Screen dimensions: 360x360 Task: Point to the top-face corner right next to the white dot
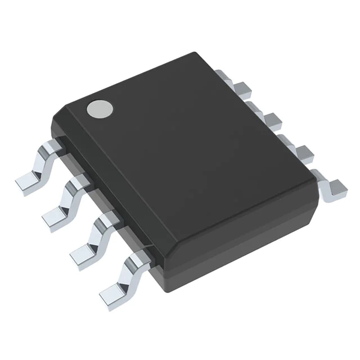pos(79,104)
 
